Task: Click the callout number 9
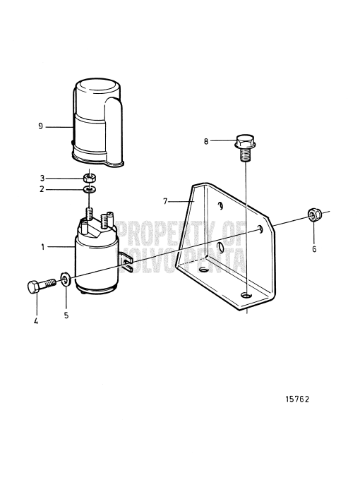pos(41,126)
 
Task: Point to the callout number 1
pos(42,248)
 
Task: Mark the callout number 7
pos(165,201)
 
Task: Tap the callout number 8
pos(207,141)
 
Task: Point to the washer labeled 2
pos(90,188)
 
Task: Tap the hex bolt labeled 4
pos(42,287)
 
